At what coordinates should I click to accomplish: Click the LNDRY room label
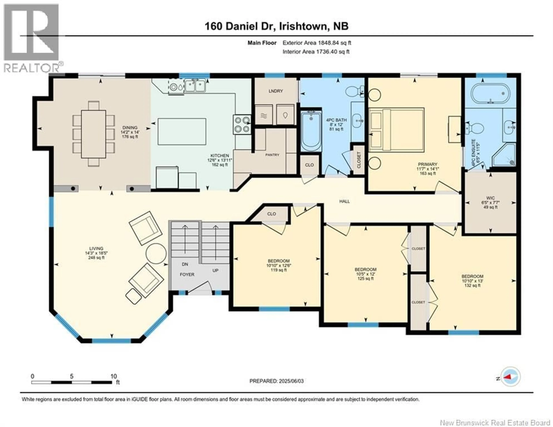(275, 91)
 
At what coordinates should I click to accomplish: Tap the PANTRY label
(272, 155)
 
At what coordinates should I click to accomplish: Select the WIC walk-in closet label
(490, 198)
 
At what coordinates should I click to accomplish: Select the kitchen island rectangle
(182, 131)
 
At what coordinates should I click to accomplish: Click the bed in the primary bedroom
(396, 130)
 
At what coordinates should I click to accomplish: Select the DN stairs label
(185, 264)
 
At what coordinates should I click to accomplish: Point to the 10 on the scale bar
(114, 376)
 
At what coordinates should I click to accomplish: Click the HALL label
(344, 201)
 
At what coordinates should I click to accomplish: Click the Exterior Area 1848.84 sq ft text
(317, 43)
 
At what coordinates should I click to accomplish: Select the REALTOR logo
(32, 38)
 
